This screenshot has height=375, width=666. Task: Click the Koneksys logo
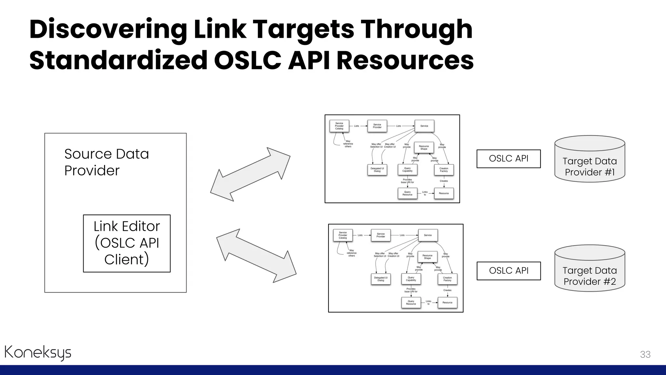38,353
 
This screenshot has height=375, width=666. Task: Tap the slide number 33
645,354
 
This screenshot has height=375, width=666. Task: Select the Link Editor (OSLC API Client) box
127,243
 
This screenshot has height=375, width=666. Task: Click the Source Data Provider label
106,162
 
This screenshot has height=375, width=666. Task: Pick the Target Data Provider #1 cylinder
590,159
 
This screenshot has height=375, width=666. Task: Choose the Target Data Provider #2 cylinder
590,269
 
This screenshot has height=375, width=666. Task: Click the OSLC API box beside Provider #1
509,159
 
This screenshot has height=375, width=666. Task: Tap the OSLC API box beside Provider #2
509,271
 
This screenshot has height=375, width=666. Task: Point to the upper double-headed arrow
250,174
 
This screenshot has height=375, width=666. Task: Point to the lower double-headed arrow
256,256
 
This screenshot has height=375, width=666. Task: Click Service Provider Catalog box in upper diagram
339,126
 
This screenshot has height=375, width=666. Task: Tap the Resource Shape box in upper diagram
424,147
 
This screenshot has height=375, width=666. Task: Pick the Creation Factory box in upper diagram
444,170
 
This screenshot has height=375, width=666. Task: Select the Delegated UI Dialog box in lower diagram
381,279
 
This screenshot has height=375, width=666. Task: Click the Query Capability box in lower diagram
411,279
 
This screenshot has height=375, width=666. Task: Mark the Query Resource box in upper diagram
407,193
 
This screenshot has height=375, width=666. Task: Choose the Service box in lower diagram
428,235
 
